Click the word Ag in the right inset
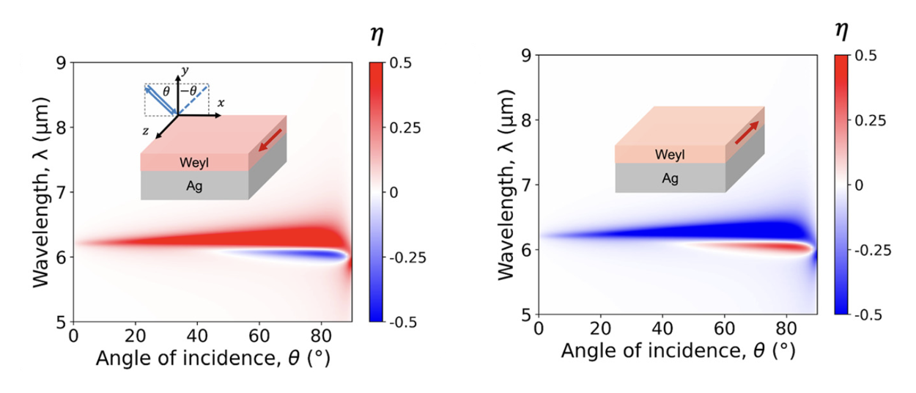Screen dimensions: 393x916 670,177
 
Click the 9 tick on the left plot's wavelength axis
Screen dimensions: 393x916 61,63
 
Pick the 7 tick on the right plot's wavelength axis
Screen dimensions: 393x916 525,185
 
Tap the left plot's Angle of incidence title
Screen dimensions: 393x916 199,359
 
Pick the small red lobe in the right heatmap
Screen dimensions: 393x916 769,247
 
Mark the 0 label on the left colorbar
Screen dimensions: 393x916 393,192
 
